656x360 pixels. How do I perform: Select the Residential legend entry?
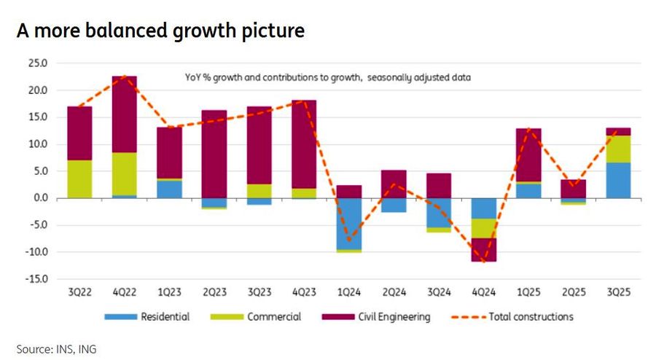coord(165,316)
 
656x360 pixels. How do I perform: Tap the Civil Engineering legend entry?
coord(394,316)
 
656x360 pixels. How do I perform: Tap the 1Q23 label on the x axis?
coord(169,292)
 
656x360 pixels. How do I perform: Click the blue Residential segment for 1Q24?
coord(348,224)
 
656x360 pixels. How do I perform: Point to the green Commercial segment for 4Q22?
coord(123,173)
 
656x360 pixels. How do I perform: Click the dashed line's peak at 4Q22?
coord(124,76)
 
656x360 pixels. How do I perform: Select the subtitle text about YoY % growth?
coord(327,76)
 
